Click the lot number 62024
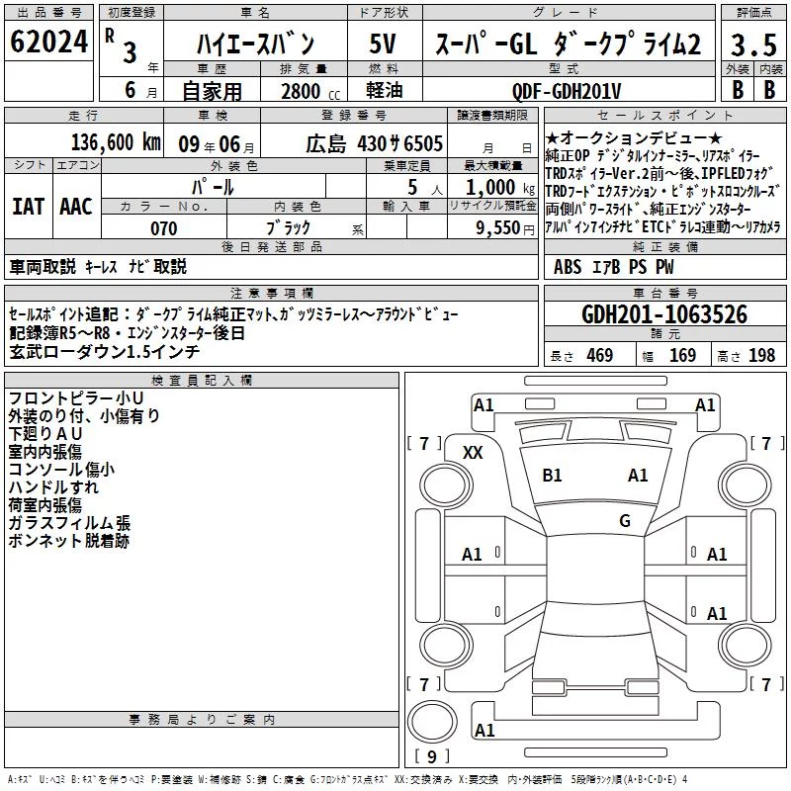point(48,42)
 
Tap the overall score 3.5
point(753,44)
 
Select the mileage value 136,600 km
point(116,142)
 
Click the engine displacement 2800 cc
point(310,91)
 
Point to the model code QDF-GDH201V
point(567,91)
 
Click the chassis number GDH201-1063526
point(664,314)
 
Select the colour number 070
point(164,228)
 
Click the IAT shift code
point(28,207)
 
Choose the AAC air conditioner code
point(76,207)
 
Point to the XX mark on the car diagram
point(473,453)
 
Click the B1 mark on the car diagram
point(552,476)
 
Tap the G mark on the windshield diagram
point(625,520)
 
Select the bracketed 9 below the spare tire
point(432,756)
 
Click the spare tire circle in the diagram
point(432,702)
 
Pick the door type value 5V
point(383,44)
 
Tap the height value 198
point(761,355)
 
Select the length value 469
point(600,355)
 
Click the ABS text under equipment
point(568,267)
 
